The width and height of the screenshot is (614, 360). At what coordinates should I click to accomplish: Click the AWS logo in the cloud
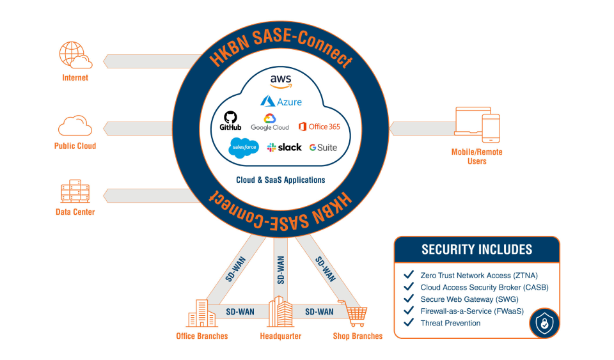pos(281,81)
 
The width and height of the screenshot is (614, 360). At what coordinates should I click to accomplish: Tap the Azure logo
pos(281,101)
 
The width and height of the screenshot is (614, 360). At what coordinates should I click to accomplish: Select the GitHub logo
pos(230,121)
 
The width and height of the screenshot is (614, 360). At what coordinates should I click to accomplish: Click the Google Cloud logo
pos(270,121)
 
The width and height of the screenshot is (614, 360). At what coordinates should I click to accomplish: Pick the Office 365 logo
pos(319,126)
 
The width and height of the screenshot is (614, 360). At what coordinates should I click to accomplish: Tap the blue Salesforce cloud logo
pos(244,147)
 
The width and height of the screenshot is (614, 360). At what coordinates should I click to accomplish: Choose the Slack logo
pos(284,147)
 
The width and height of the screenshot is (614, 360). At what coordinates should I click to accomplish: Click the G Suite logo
pos(323,148)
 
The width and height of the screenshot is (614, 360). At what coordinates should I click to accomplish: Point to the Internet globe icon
pos(74,56)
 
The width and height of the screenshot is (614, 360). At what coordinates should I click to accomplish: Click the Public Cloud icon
pos(75,125)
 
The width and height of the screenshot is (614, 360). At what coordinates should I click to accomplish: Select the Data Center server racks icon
pos(75,192)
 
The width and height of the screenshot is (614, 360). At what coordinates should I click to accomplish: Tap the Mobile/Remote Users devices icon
pos(476,125)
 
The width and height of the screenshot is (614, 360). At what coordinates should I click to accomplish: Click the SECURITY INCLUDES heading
pos(476,249)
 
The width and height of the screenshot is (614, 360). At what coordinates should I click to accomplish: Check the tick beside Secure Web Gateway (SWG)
pos(409,299)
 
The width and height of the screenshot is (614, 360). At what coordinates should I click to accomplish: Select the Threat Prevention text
pos(450,323)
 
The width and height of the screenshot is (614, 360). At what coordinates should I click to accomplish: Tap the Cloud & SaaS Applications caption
pos(280,180)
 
